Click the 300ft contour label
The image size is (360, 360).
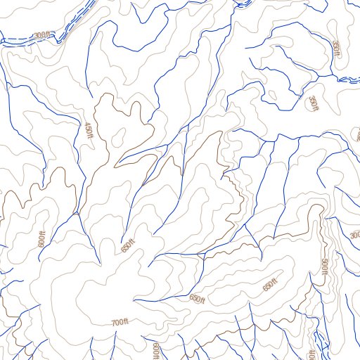point(43,35)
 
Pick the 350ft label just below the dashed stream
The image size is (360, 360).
point(313,103)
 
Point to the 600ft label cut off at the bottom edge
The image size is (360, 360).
point(156,352)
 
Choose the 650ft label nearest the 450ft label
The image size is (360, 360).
point(127,246)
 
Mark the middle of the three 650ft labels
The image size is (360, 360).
point(198,299)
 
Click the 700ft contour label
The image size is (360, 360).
point(120,322)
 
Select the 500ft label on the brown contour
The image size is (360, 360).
point(325,268)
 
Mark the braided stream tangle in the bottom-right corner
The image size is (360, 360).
point(321,342)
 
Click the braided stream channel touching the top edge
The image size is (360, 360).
point(243,4)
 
